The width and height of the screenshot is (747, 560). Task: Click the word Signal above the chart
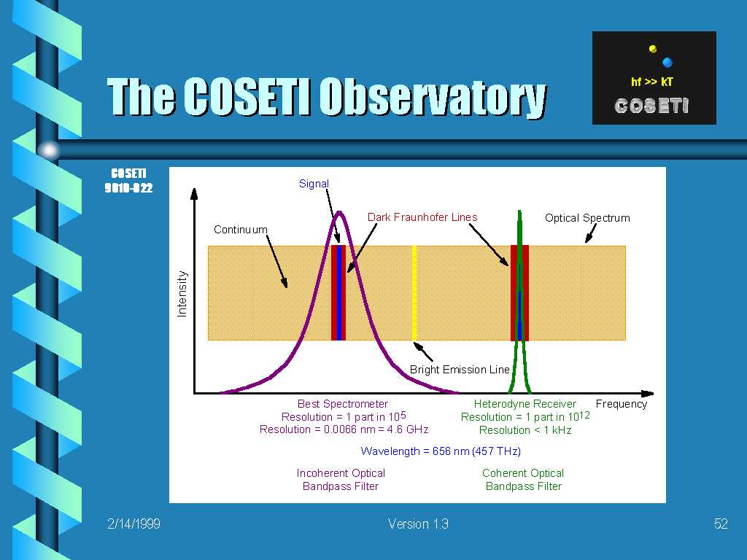(314, 184)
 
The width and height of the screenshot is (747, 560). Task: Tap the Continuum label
(241, 230)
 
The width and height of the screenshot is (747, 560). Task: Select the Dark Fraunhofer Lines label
(422, 217)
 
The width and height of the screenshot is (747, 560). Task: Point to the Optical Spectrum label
(587, 218)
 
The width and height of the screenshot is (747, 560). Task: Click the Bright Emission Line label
(460, 370)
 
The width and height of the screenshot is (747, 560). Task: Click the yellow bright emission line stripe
(414, 293)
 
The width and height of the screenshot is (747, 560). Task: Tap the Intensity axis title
(182, 294)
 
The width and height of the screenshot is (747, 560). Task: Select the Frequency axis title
(622, 404)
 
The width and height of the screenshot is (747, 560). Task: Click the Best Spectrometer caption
(343, 404)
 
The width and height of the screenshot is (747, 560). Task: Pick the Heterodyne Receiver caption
(525, 404)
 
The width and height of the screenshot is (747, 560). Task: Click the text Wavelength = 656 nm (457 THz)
(441, 451)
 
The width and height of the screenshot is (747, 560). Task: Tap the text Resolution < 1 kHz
(525, 430)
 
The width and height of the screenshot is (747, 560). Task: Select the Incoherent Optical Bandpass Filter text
(341, 480)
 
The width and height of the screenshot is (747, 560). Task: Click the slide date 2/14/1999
(133, 524)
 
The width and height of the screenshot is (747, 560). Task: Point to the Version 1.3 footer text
(418, 524)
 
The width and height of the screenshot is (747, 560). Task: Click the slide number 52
(721, 524)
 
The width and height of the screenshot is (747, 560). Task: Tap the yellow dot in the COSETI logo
(653, 49)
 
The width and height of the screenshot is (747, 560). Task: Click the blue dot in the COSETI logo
(667, 62)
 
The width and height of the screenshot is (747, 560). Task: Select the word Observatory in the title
(433, 97)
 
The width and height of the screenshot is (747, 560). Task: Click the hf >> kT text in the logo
(651, 82)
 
